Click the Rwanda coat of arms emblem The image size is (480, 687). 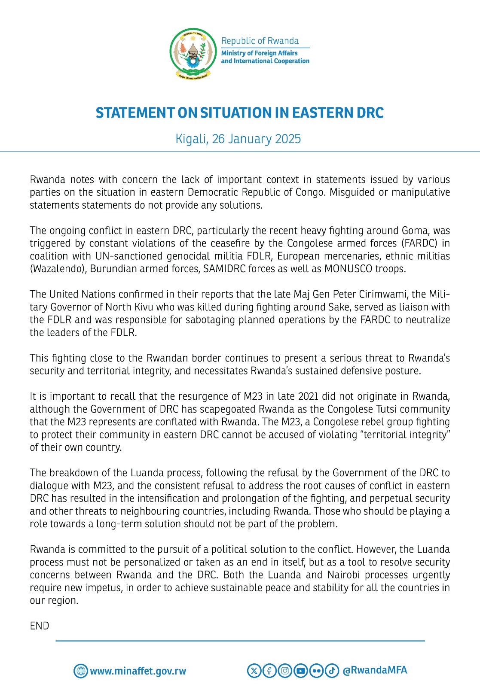pos(193,53)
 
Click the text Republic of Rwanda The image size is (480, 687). pos(260,41)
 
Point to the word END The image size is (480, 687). pos(40,626)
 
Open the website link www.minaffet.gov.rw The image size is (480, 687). pos(138,671)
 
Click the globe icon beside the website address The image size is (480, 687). pos(80,671)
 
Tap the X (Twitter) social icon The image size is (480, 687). pos(254,670)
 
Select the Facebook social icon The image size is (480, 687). pos(269,670)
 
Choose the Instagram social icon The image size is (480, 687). pos(285,670)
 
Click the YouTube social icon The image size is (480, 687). pos(301,670)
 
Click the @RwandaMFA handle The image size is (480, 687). pos(375,670)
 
